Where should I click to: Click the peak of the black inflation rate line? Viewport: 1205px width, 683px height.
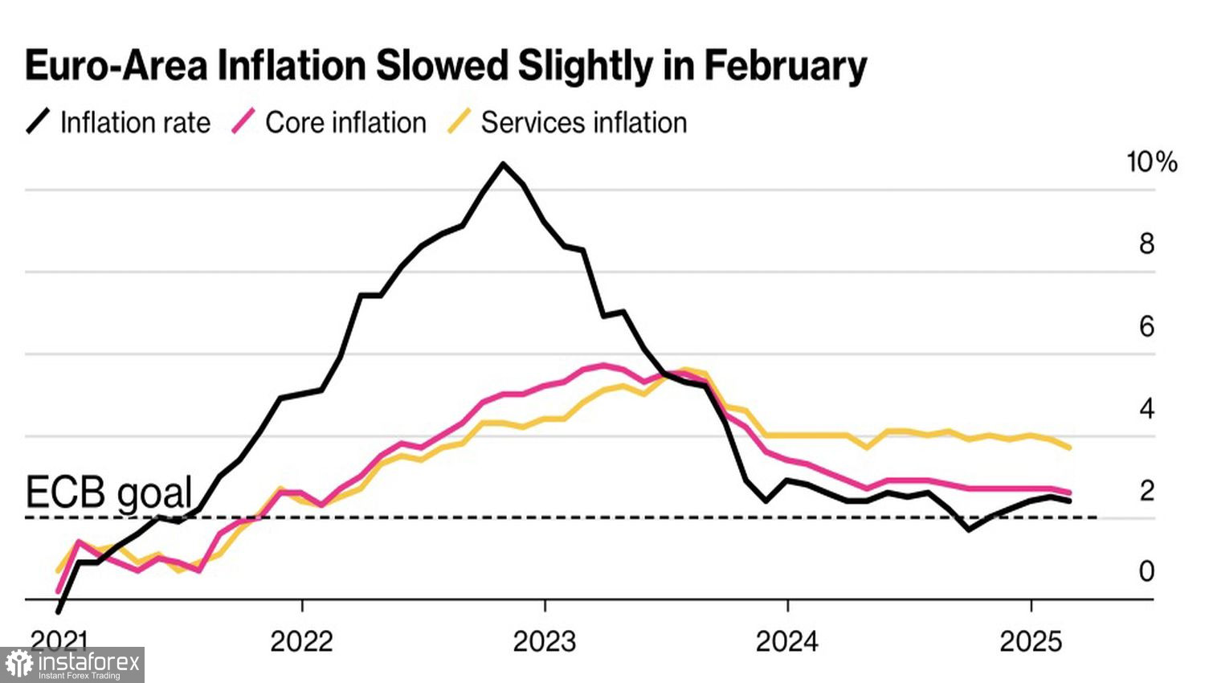click(x=503, y=165)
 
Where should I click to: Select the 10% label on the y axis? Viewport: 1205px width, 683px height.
click(x=1151, y=162)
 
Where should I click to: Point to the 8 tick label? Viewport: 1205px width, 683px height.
click(x=1146, y=243)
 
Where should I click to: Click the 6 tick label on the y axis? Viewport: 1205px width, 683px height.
click(x=1146, y=326)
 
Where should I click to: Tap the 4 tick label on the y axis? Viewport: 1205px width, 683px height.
click(x=1146, y=408)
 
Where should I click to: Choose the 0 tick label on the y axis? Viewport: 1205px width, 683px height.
click(x=1146, y=571)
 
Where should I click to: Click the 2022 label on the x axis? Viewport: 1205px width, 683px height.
click(x=301, y=641)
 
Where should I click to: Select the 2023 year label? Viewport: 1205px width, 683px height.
click(x=545, y=641)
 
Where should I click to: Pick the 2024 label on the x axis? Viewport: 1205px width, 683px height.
click(x=787, y=641)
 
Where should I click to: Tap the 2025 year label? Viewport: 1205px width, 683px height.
click(x=1031, y=641)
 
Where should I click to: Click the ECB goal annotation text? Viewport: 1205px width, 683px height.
click(x=109, y=492)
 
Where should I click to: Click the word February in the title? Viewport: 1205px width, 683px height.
click(x=786, y=66)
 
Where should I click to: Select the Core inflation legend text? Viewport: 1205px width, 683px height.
click(x=345, y=123)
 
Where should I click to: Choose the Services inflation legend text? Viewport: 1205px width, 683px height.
click(x=584, y=123)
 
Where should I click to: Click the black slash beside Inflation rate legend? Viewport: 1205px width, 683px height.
click(x=38, y=122)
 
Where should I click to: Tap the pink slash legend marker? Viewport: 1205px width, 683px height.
click(x=243, y=122)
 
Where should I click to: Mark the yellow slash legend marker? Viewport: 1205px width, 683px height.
click(x=459, y=122)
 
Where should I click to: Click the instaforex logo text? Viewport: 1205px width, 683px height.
click(x=88, y=663)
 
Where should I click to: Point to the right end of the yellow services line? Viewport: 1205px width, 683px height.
click(x=1069, y=448)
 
